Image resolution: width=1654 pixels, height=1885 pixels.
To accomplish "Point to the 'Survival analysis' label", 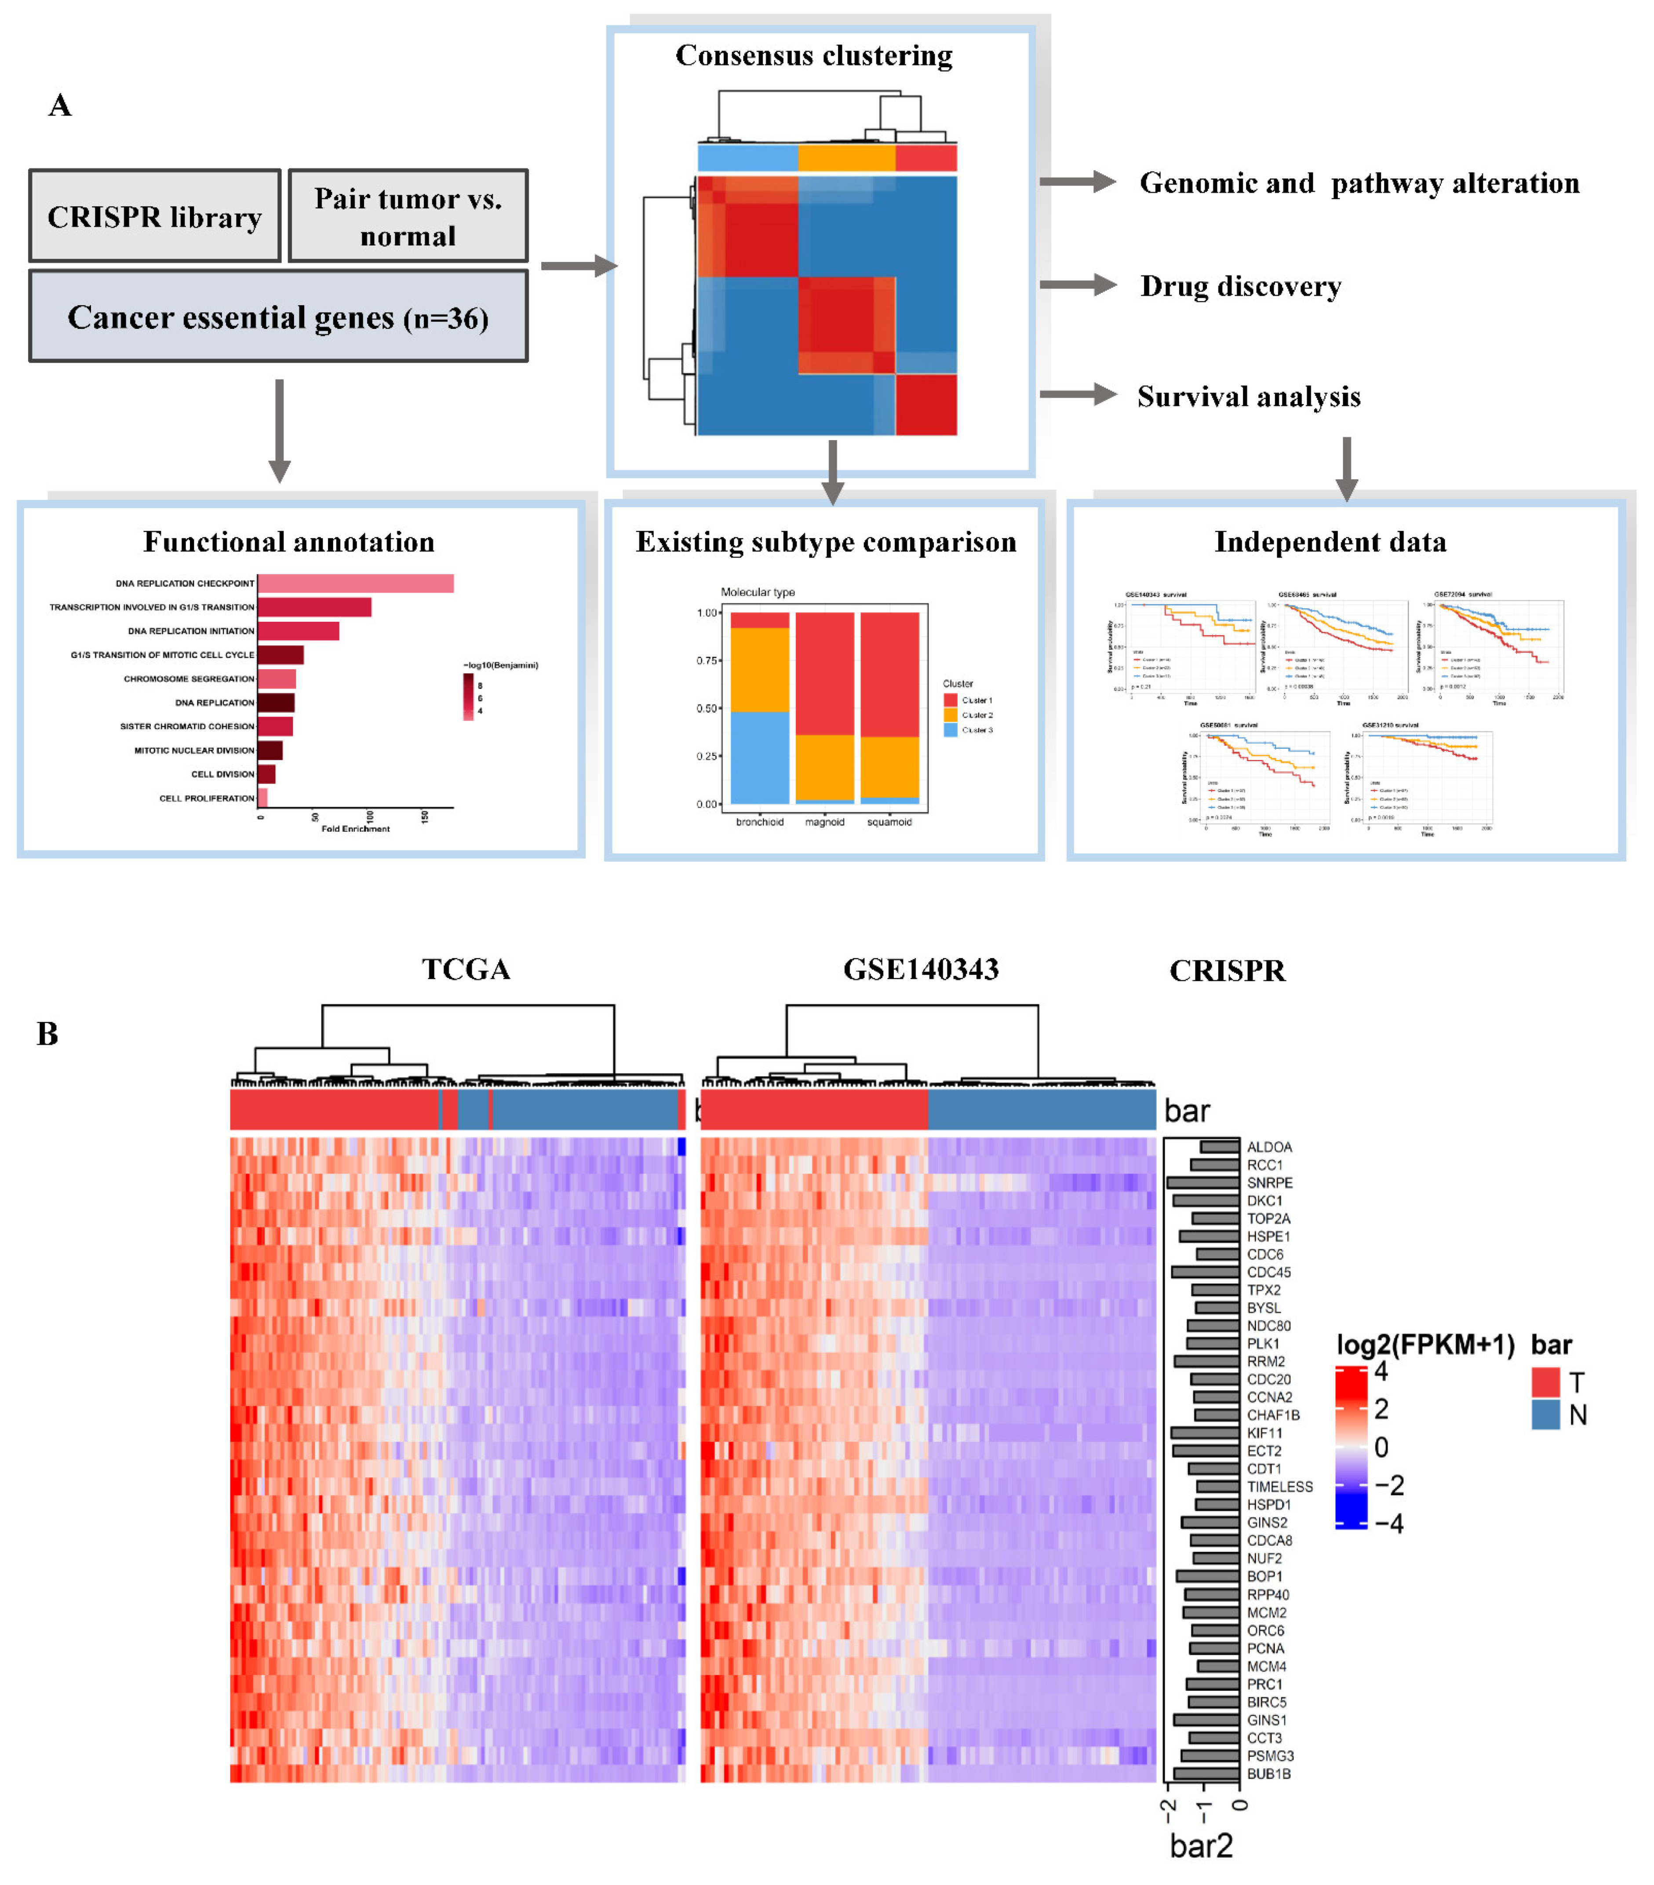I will pos(1248,397).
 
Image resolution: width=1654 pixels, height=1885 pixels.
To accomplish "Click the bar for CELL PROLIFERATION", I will pos(263,798).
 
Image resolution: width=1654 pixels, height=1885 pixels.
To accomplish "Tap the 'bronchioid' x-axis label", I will pos(760,822).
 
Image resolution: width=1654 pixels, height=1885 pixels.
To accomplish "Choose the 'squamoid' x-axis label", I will pos(889,822).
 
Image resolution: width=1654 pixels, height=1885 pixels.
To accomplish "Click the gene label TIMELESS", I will pos(1279,1487).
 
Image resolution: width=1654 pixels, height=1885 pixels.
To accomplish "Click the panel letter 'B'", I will pos(48,1034).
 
